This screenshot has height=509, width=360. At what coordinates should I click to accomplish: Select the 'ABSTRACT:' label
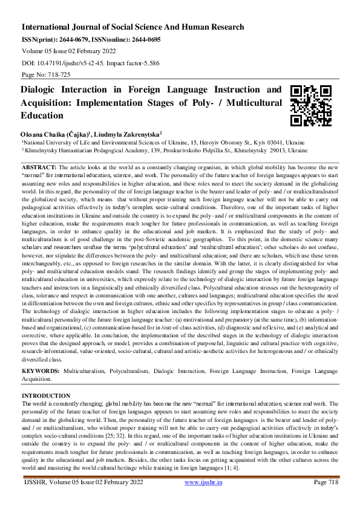39,166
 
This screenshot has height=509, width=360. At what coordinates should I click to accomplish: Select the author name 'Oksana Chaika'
44,134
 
